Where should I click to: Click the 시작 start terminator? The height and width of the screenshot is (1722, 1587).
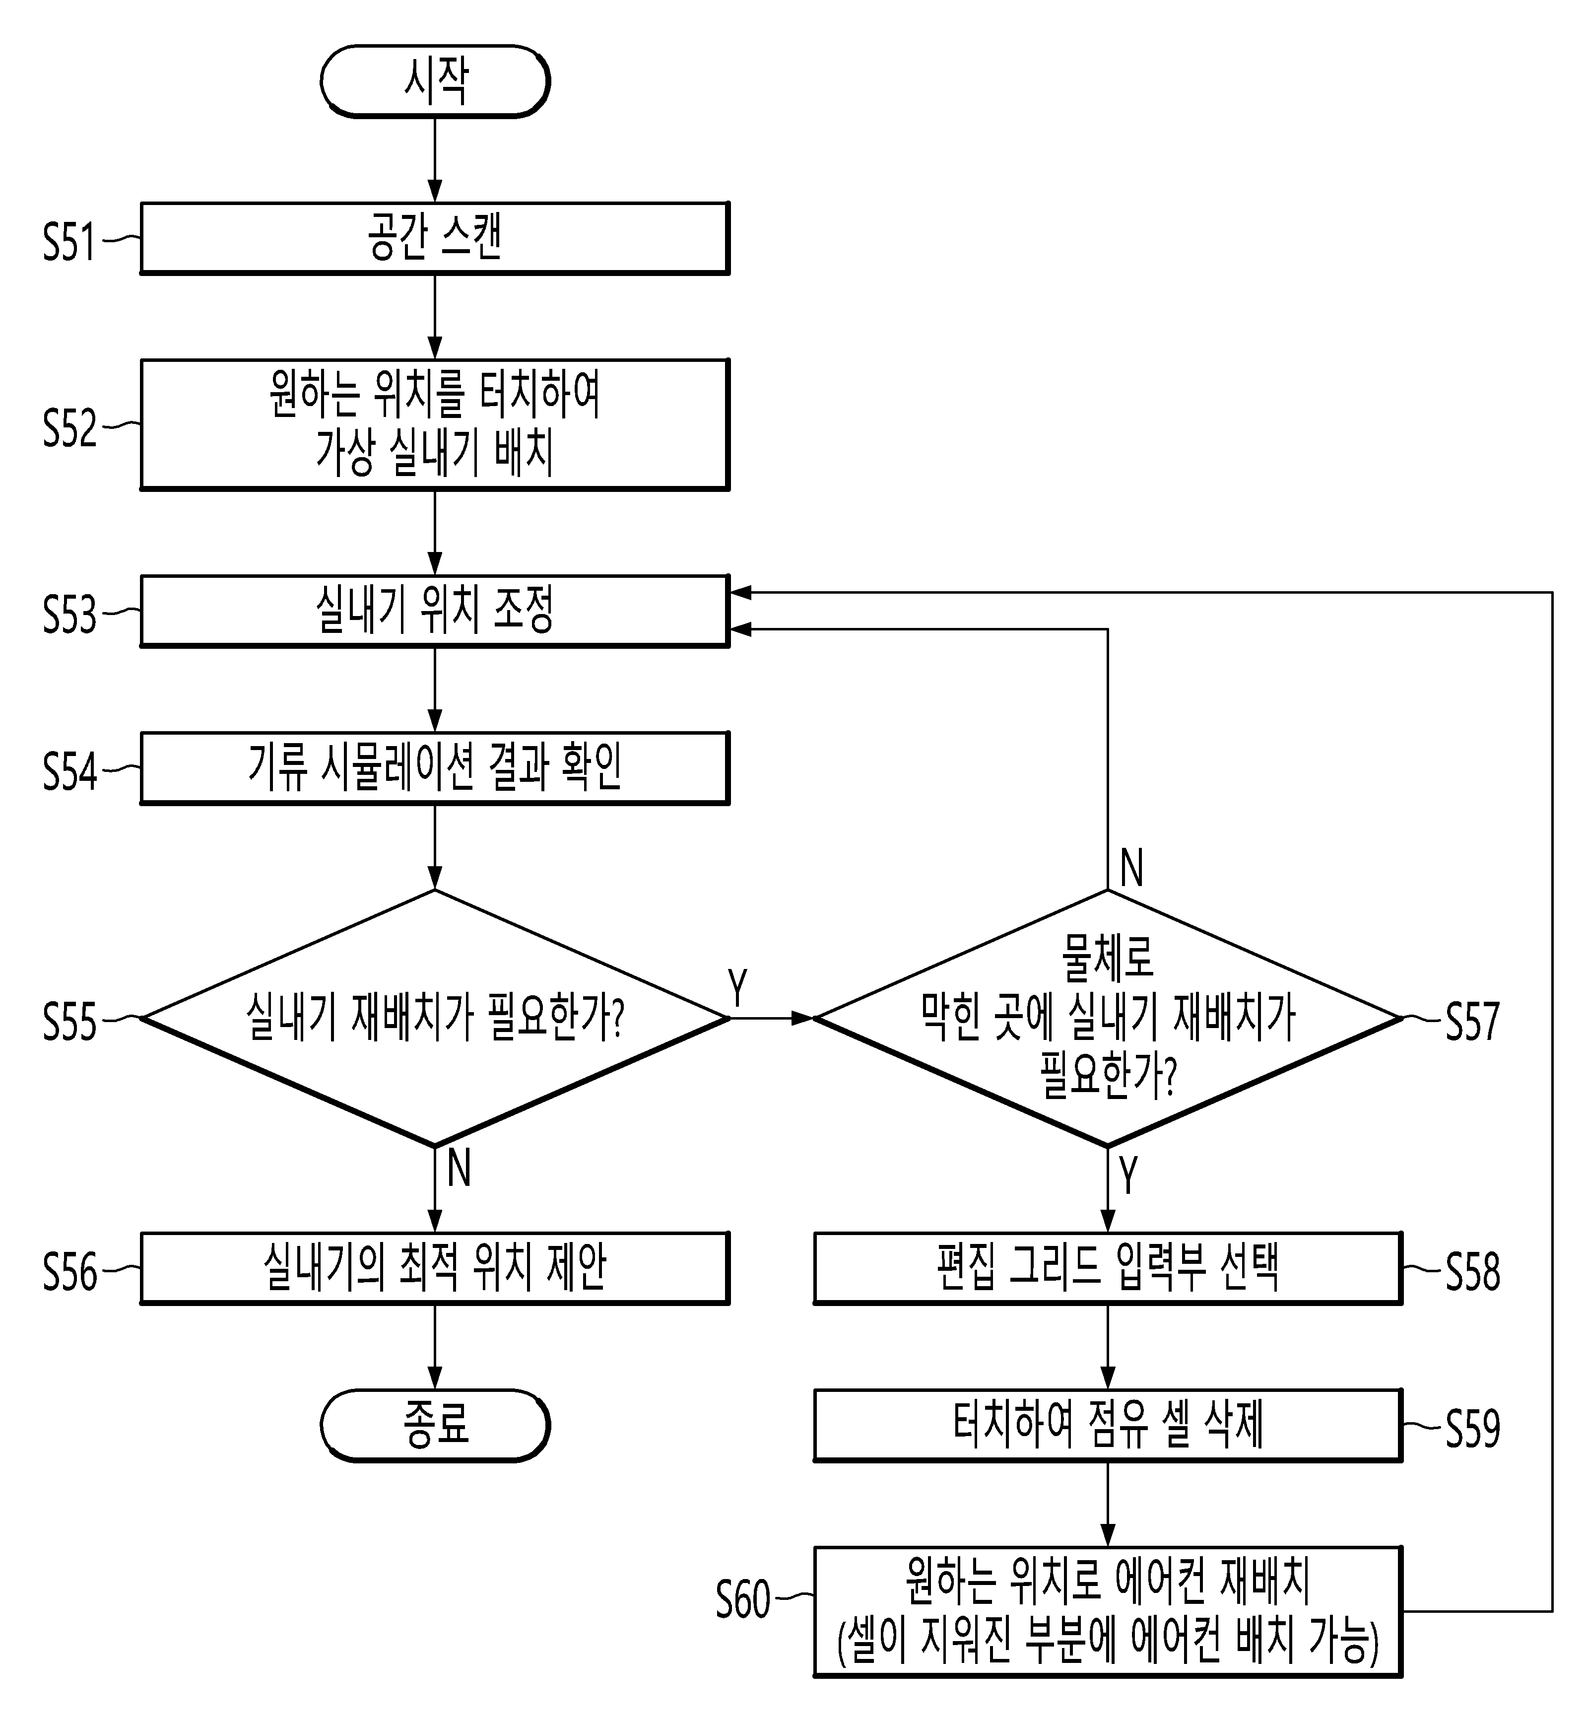(435, 81)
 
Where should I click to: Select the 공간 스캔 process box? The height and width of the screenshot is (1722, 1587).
(435, 238)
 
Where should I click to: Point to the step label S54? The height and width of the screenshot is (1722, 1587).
(69, 770)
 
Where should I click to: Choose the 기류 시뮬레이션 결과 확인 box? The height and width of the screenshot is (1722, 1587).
(435, 768)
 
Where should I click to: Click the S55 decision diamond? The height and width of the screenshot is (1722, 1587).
(435, 1018)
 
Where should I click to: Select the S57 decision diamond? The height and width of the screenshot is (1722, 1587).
(1108, 1018)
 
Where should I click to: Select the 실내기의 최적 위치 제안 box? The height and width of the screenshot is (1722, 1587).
(435, 1268)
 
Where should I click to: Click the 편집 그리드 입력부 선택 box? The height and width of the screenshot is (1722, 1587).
(1108, 1268)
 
